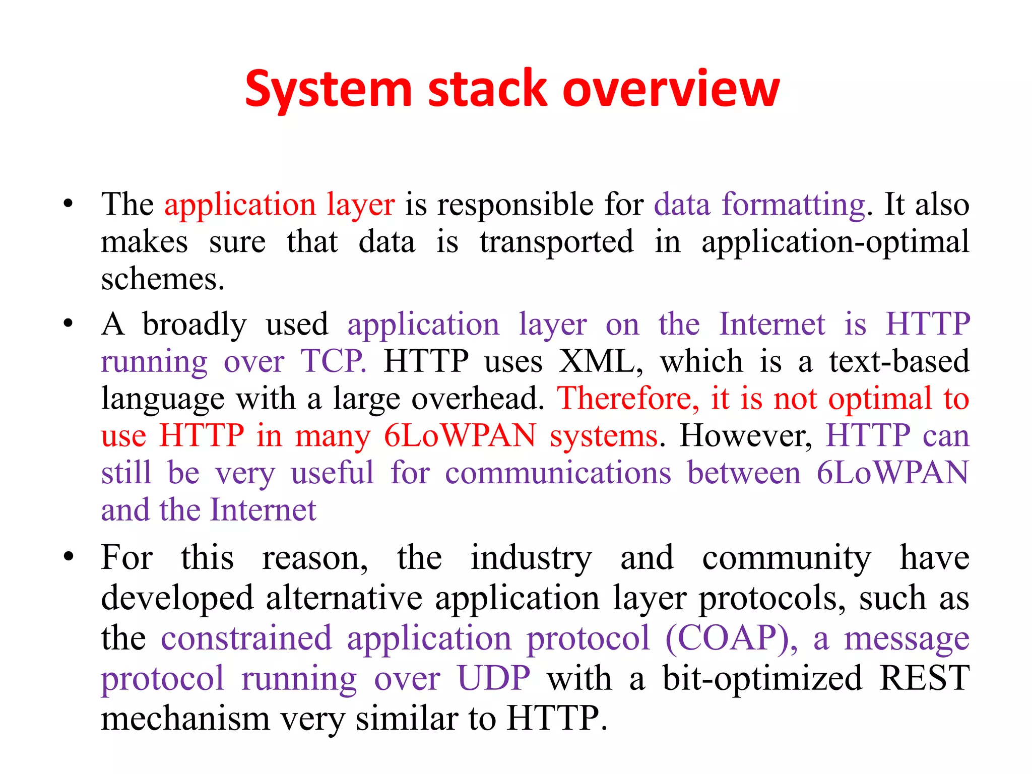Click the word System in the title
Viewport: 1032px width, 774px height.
(x=328, y=89)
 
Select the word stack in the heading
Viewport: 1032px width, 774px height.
(x=487, y=89)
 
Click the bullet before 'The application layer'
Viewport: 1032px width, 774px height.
(x=69, y=204)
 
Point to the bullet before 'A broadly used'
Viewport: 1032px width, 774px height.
(x=69, y=324)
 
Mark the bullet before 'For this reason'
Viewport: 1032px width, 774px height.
(x=69, y=557)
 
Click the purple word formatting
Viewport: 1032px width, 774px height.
(x=793, y=205)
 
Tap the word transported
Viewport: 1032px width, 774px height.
(x=556, y=242)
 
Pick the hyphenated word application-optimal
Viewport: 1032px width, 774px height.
(x=835, y=242)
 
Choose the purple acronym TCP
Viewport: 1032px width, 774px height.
(x=333, y=361)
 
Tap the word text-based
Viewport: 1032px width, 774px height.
(x=899, y=361)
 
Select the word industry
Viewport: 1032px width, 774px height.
(x=531, y=558)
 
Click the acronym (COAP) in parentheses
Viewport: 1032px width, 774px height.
(x=731, y=638)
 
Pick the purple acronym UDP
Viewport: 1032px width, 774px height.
(x=494, y=678)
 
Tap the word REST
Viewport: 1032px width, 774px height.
(x=924, y=678)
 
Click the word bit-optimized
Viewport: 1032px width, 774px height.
(x=762, y=678)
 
